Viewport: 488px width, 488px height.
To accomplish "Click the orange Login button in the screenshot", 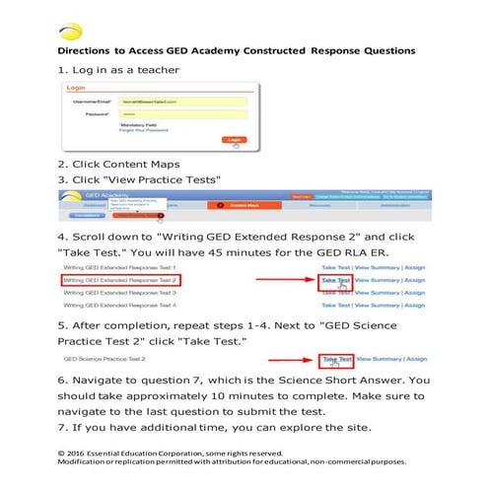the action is (233, 140).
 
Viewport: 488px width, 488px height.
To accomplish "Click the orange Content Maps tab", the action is (236, 205).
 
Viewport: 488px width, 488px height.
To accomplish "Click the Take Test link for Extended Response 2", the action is (336, 280).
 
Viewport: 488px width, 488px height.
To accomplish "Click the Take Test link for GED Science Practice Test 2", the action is (337, 359).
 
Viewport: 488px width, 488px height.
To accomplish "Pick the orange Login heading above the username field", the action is (75, 89).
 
